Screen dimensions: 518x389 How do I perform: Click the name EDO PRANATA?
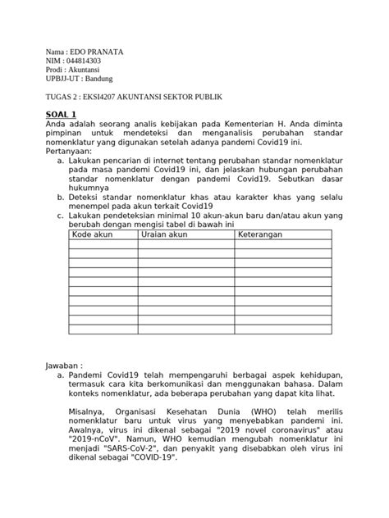point(97,52)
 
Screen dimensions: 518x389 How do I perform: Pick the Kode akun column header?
point(93,235)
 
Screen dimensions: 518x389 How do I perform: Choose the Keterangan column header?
point(260,235)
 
